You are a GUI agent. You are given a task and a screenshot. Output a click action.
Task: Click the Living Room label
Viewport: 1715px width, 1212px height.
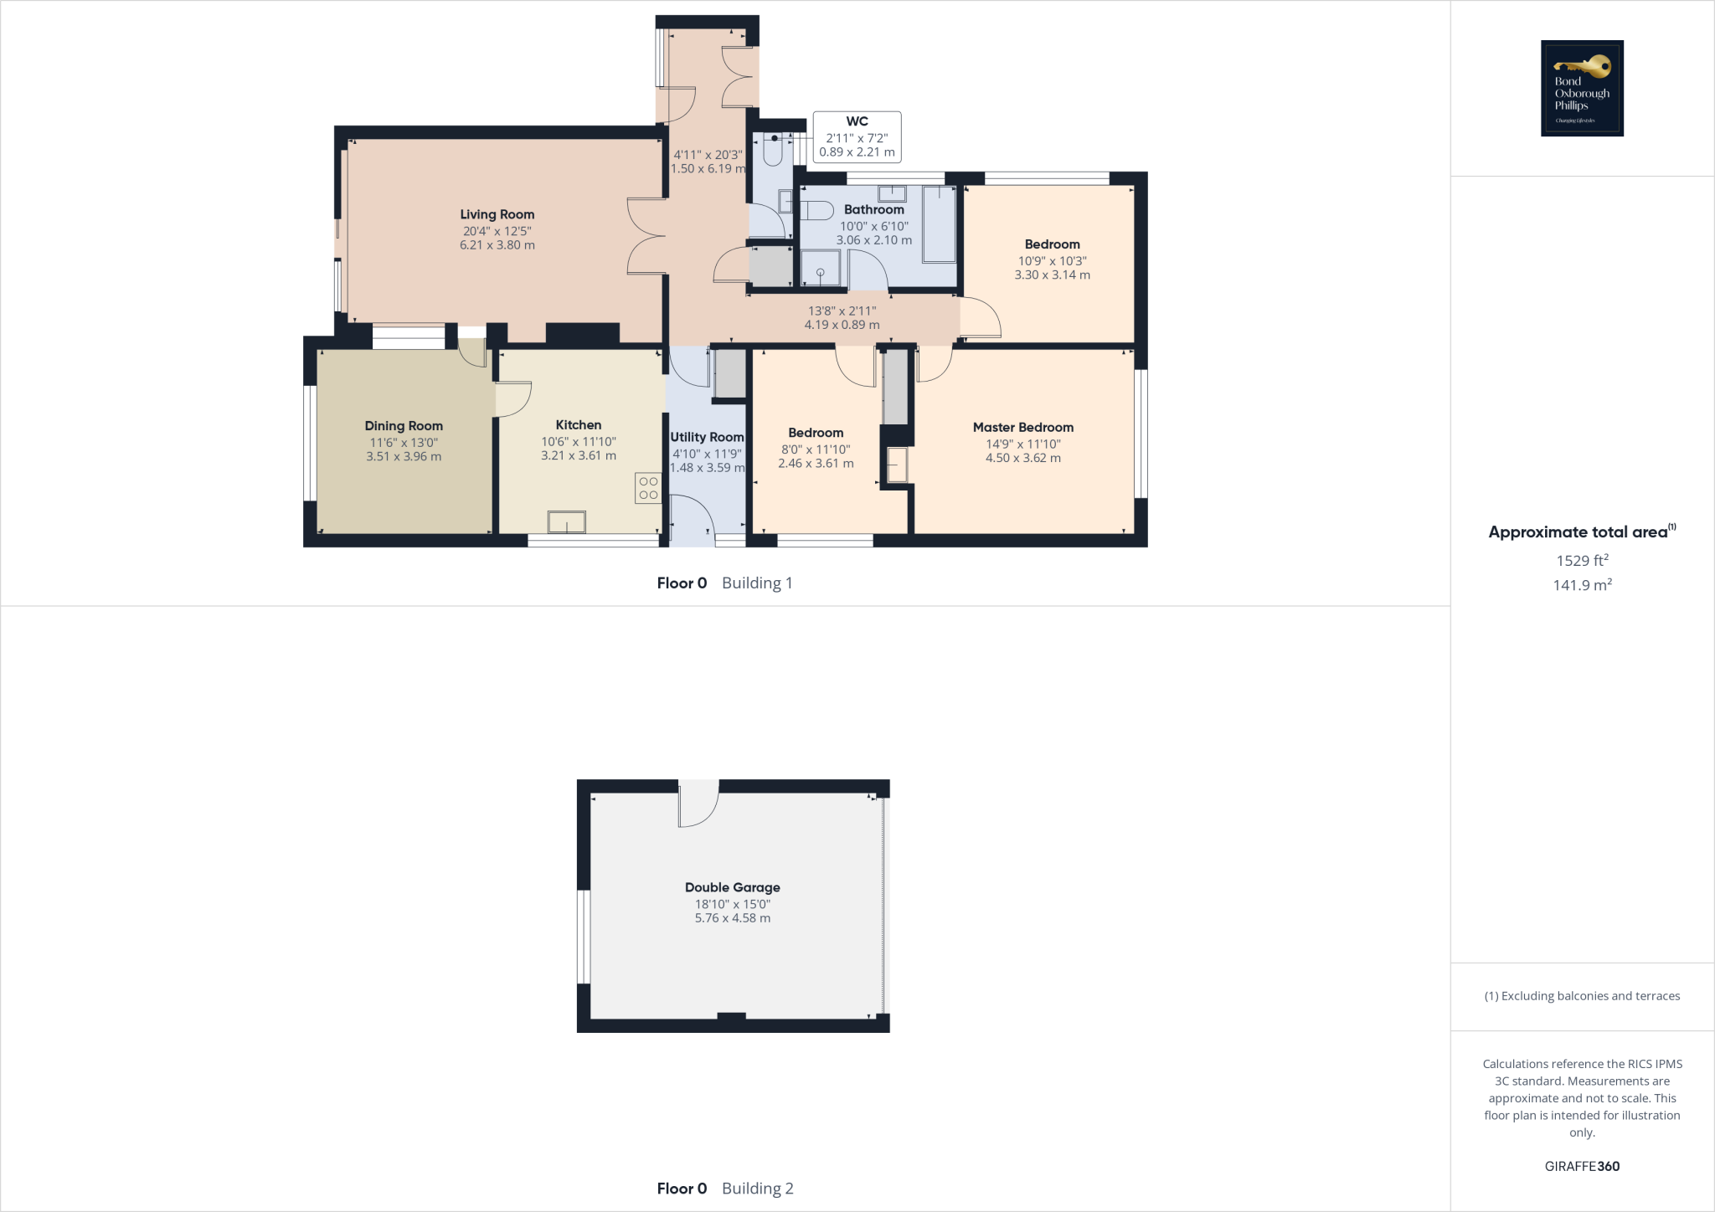497,214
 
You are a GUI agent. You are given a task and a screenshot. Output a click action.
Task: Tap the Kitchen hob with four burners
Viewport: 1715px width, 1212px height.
648,488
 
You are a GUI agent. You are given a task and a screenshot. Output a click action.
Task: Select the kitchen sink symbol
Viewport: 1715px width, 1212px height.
567,522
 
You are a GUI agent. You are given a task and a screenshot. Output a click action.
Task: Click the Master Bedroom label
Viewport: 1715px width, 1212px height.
1022,427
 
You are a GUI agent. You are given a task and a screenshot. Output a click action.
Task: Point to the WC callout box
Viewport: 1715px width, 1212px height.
857,136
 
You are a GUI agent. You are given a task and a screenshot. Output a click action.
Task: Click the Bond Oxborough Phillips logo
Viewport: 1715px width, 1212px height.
1582,88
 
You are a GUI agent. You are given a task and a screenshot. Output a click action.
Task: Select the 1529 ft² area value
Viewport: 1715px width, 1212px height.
1582,561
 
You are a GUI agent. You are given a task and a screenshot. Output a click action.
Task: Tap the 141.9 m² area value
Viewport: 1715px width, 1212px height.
1582,585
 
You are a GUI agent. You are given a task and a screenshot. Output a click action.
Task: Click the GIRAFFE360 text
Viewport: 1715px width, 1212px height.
1582,1166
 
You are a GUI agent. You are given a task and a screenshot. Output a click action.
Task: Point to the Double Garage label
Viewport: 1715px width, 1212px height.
732,887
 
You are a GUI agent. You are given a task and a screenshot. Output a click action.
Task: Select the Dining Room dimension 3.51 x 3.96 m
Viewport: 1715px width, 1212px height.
404,456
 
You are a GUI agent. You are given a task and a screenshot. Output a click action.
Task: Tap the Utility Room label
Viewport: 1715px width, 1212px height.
707,437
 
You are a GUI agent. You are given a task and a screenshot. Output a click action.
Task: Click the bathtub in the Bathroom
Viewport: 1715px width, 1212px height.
939,224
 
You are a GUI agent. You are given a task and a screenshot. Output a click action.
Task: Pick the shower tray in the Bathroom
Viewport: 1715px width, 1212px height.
821,270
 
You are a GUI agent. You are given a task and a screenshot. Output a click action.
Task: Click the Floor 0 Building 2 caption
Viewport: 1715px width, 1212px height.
724,1188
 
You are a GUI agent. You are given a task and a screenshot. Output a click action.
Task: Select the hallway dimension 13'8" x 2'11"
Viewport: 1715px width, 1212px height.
842,311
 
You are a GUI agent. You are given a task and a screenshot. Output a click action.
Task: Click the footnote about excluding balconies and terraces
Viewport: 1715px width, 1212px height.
1582,996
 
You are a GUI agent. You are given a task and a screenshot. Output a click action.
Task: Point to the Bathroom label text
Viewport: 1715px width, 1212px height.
873,209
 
